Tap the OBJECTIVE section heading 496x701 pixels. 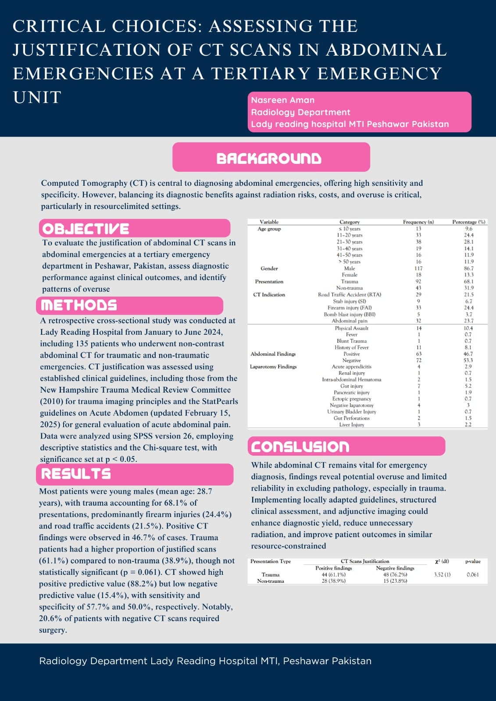86,229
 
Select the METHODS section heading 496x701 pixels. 79,305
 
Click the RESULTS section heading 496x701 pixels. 76,474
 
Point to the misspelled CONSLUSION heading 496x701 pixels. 300,446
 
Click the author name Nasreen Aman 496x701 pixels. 282,100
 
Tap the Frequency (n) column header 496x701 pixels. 418,222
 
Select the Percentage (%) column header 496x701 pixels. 468,222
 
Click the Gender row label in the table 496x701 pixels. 269,269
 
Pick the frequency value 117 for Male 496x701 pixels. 418,269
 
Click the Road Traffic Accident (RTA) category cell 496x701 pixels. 350,295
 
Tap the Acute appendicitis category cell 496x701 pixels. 351,367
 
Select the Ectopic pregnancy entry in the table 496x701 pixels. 351,399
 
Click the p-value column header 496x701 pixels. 472,561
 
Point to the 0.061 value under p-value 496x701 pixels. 472,574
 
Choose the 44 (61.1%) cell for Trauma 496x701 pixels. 333,574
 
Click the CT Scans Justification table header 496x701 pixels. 365,561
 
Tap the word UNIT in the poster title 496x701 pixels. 37,97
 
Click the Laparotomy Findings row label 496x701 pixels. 273,367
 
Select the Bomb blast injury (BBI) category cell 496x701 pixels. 350,315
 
